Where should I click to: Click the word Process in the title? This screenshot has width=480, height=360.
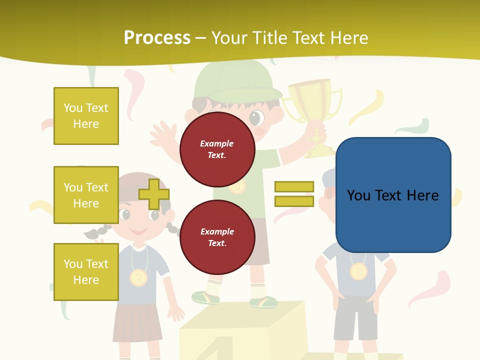[157, 38]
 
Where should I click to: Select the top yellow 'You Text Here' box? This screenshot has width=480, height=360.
[86, 116]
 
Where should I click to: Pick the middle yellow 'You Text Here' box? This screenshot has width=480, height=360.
[86, 195]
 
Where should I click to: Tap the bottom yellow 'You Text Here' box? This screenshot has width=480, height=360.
[86, 272]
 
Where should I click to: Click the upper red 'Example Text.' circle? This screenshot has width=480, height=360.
[217, 149]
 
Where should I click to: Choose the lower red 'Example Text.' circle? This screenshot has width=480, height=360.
[217, 237]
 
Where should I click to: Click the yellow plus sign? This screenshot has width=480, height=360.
[153, 194]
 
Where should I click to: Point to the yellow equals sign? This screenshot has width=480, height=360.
[294, 194]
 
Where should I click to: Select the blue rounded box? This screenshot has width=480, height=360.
[393, 195]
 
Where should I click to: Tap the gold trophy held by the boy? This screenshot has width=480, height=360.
[312, 107]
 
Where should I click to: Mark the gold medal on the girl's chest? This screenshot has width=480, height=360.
[138, 276]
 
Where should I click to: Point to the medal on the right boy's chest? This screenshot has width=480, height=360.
[358, 271]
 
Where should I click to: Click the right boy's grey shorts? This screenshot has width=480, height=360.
[355, 317]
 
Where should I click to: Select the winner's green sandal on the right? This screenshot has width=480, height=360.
[263, 301]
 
